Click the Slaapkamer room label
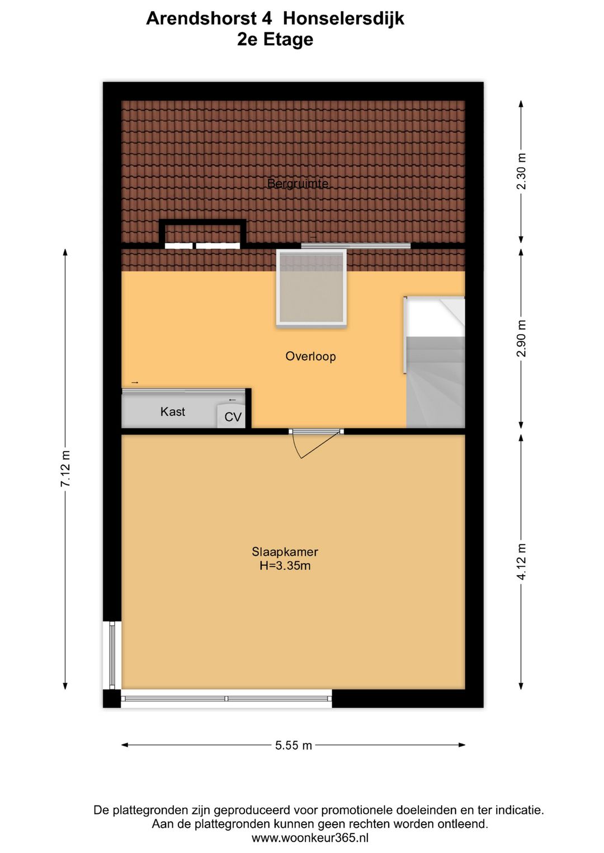click(285, 552)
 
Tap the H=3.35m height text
click(285, 566)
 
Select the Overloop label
click(310, 357)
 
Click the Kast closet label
click(172, 412)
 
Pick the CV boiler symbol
click(232, 416)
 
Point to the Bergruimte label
click(298, 183)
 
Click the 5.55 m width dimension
click(293, 746)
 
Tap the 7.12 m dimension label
click(66, 468)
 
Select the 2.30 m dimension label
click(521, 171)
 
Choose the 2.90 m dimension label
click(521, 339)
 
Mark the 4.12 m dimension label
click(521, 562)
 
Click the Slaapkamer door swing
click(316, 444)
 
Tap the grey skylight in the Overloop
click(312, 287)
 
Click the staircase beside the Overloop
click(436, 369)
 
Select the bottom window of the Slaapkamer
click(226, 699)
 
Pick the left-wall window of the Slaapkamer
click(112, 655)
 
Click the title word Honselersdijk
click(343, 18)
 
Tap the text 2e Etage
click(275, 40)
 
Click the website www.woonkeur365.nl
click(310, 838)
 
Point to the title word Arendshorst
click(209, 18)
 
